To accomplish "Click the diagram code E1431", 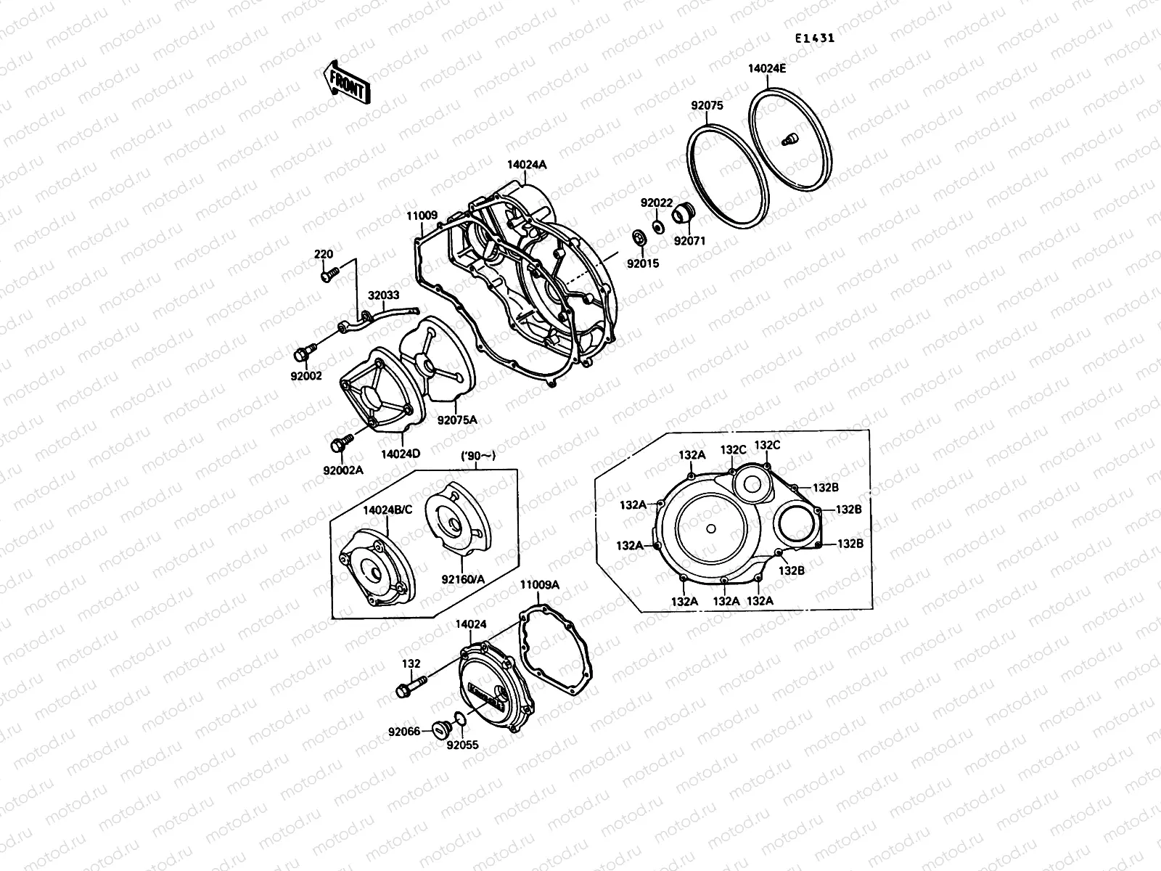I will (x=813, y=38).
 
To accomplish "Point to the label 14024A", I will (x=527, y=165).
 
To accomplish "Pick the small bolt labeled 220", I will (x=329, y=275).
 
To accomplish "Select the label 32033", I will (x=382, y=296).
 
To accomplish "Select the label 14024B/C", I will (x=387, y=510).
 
